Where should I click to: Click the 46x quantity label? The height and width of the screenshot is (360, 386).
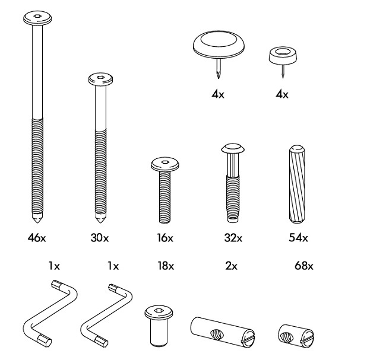(36, 238)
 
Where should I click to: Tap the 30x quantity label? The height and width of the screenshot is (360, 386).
(99, 238)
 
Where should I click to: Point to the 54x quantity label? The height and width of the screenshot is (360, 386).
(298, 238)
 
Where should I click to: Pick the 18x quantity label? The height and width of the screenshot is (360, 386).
(164, 266)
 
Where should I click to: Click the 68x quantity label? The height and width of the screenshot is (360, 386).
(303, 266)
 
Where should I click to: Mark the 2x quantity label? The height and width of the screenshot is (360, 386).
(230, 266)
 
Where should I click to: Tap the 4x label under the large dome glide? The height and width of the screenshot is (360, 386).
(218, 94)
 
